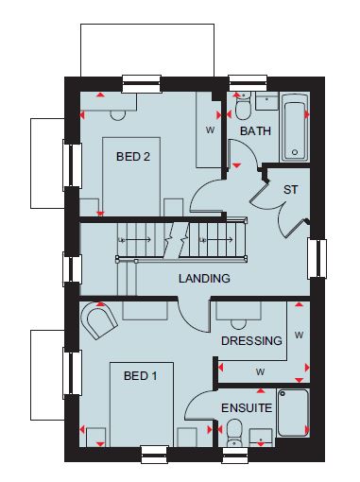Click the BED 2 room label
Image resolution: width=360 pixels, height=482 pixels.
click(x=133, y=156)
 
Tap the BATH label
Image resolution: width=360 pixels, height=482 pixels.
click(x=255, y=130)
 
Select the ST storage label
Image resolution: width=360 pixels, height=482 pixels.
click(x=290, y=190)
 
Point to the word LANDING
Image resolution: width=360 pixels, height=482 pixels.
click(x=204, y=278)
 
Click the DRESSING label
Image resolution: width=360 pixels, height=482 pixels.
click(x=251, y=340)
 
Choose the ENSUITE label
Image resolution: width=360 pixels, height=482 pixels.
click(x=247, y=408)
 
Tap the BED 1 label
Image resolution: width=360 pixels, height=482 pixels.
click(x=141, y=375)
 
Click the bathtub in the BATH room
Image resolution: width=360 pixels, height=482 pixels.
click(x=295, y=128)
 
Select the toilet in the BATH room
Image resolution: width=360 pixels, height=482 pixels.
click(x=243, y=106)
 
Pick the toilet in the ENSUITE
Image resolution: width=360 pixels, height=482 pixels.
click(x=234, y=432)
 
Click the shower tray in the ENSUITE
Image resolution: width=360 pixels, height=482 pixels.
click(x=293, y=413)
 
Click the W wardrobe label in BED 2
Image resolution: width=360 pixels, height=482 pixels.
click(x=210, y=129)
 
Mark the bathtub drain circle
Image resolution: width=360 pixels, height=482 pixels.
click(x=295, y=152)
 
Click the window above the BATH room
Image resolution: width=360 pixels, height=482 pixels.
click(x=248, y=83)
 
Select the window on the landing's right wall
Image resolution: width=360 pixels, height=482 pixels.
click(x=317, y=259)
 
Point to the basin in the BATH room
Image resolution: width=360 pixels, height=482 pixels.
click(x=266, y=101)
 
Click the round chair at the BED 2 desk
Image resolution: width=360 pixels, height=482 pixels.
click(x=118, y=115)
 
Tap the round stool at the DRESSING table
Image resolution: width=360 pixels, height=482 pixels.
click(x=239, y=324)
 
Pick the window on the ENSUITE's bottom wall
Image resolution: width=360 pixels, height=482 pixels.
click(x=234, y=455)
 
